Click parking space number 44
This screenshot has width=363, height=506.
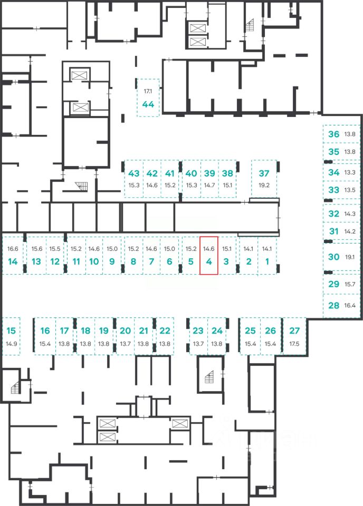pyautogui.click(x=148, y=104)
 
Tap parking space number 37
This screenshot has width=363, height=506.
pyautogui.click(x=264, y=173)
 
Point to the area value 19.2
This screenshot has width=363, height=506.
pyautogui.click(x=264, y=185)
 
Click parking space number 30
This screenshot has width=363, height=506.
pyautogui.click(x=333, y=257)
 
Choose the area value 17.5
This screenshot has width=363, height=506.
pyautogui.click(x=294, y=344)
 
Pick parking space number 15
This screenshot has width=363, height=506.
pyautogui.click(x=12, y=331)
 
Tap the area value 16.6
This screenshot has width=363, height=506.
pyautogui.click(x=13, y=249)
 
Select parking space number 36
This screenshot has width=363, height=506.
pyautogui.click(x=333, y=134)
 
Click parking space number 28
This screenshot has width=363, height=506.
pyautogui.click(x=333, y=305)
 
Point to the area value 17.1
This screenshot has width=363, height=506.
pyautogui.click(x=148, y=91)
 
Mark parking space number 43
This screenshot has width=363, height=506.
pyautogui.click(x=133, y=173)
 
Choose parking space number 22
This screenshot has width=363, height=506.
pyautogui.click(x=165, y=331)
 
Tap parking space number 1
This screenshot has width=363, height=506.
pyautogui.click(x=267, y=261)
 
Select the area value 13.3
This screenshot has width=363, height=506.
pyautogui.click(x=349, y=172)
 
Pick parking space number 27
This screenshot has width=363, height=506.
pyautogui.click(x=294, y=331)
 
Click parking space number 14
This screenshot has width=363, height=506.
pyautogui.click(x=13, y=261)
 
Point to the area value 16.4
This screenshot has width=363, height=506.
pyautogui.click(x=350, y=305)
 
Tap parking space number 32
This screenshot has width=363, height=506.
pyautogui.click(x=333, y=214)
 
